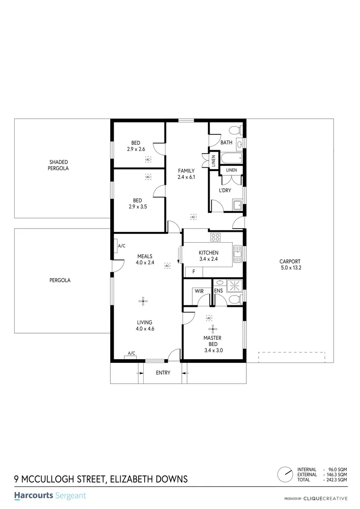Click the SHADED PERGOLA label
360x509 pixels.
(58, 165)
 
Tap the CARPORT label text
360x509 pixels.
(290, 262)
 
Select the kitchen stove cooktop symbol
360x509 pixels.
(216, 237)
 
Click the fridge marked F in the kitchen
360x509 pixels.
(193, 272)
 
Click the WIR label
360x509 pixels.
(199, 291)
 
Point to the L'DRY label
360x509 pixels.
(224, 190)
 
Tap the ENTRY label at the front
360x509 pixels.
(163, 373)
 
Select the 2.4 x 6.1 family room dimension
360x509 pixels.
(186, 177)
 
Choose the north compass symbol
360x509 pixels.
(285, 473)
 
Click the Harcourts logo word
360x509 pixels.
(33, 496)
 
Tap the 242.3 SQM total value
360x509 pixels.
(337, 480)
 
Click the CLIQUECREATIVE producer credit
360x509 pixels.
(326, 498)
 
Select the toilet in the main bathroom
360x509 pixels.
(234, 131)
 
